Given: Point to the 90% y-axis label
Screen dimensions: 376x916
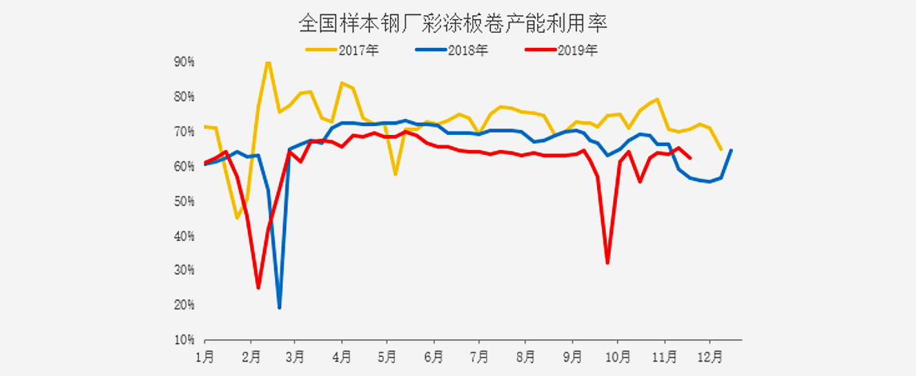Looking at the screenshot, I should (185, 62).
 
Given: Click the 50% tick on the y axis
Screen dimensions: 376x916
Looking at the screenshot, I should (185, 201).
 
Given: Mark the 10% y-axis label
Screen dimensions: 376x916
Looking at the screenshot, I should (185, 340).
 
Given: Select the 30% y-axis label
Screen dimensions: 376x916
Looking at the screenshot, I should (185, 271).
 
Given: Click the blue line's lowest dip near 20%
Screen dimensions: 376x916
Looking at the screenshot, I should (279, 307).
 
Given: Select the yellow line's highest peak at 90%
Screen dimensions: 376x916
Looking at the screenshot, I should (268, 62).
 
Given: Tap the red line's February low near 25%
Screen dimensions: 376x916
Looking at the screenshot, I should (258, 287).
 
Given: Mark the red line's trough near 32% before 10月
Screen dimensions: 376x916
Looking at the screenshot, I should (607, 263).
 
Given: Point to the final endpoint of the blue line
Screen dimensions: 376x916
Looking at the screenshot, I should (731, 150).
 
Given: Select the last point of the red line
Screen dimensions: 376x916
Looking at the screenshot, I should (690, 157).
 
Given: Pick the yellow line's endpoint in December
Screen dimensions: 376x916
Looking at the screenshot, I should (721, 149).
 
